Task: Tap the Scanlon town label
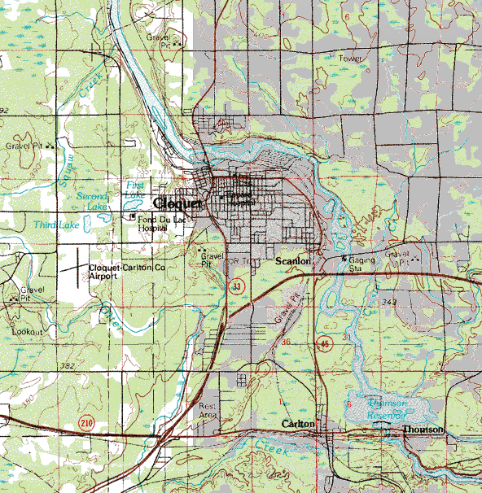294,260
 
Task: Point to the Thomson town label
423,429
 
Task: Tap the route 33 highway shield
236,286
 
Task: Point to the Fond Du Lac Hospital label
157,224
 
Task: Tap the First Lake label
135,189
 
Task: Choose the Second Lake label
92,201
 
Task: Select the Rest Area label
208,410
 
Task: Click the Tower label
350,59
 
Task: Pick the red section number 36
286,342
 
